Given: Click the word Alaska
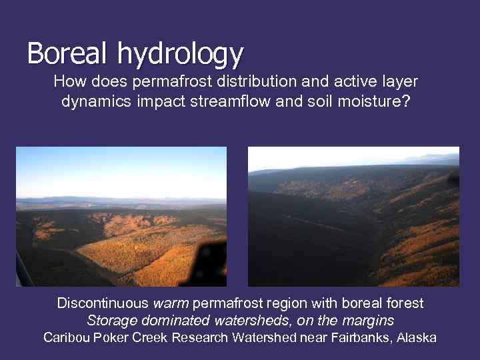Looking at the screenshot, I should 416,337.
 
